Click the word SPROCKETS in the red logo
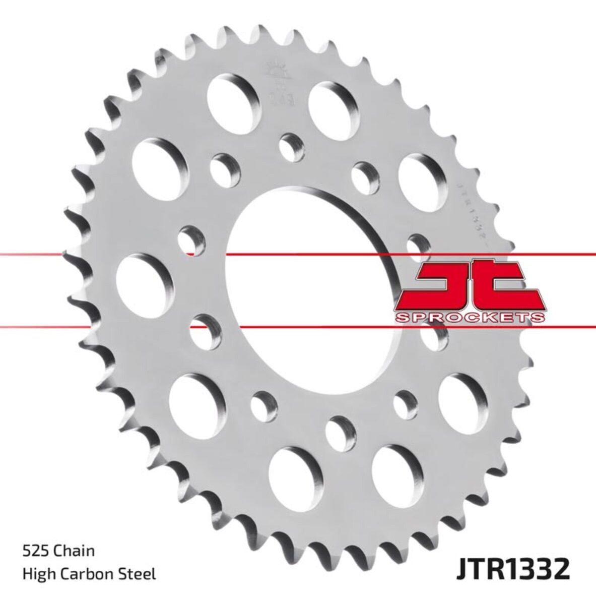click(x=470, y=317)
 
